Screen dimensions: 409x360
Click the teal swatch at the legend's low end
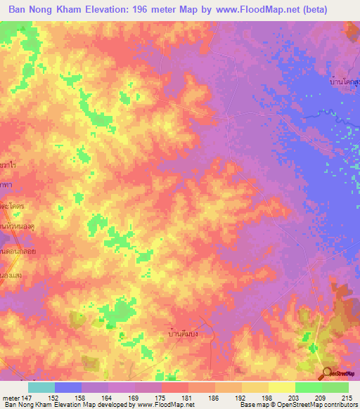click(x=41, y=387)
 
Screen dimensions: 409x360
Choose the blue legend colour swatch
click(x=68, y=387)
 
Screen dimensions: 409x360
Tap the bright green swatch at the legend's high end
click(x=335, y=387)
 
